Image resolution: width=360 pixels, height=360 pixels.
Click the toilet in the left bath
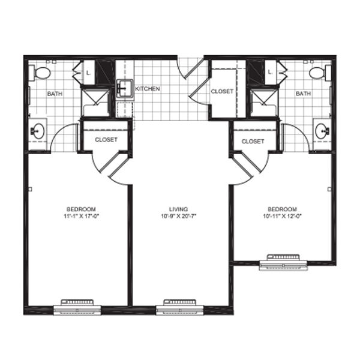pos(40,73)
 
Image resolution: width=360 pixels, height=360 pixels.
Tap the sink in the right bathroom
pos(322,131)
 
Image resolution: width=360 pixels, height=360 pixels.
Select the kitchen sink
pos(125,89)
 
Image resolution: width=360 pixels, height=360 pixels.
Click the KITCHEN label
pos(148,89)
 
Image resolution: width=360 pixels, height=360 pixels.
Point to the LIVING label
pos(178,209)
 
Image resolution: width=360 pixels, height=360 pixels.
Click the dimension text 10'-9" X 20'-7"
pos(178,216)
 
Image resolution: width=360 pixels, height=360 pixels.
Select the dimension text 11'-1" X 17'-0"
pos(81,216)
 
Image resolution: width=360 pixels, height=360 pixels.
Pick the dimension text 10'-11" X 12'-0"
pos(282,216)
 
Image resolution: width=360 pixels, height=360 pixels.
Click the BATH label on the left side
pos(55,94)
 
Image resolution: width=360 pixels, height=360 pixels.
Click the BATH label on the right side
pos(303,94)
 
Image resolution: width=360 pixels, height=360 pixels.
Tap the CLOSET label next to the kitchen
pos(222,91)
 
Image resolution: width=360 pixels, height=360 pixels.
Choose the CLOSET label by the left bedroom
pos(106,140)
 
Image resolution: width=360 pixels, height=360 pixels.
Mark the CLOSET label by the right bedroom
pos(253,142)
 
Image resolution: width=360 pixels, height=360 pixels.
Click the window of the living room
pos(180,307)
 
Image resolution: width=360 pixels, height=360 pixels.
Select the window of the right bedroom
pos(283,262)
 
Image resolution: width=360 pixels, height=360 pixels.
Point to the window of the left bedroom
pos(77,307)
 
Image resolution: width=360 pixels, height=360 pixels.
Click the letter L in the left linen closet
pos(88,73)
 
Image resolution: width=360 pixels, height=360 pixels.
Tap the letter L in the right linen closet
pos(271,72)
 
